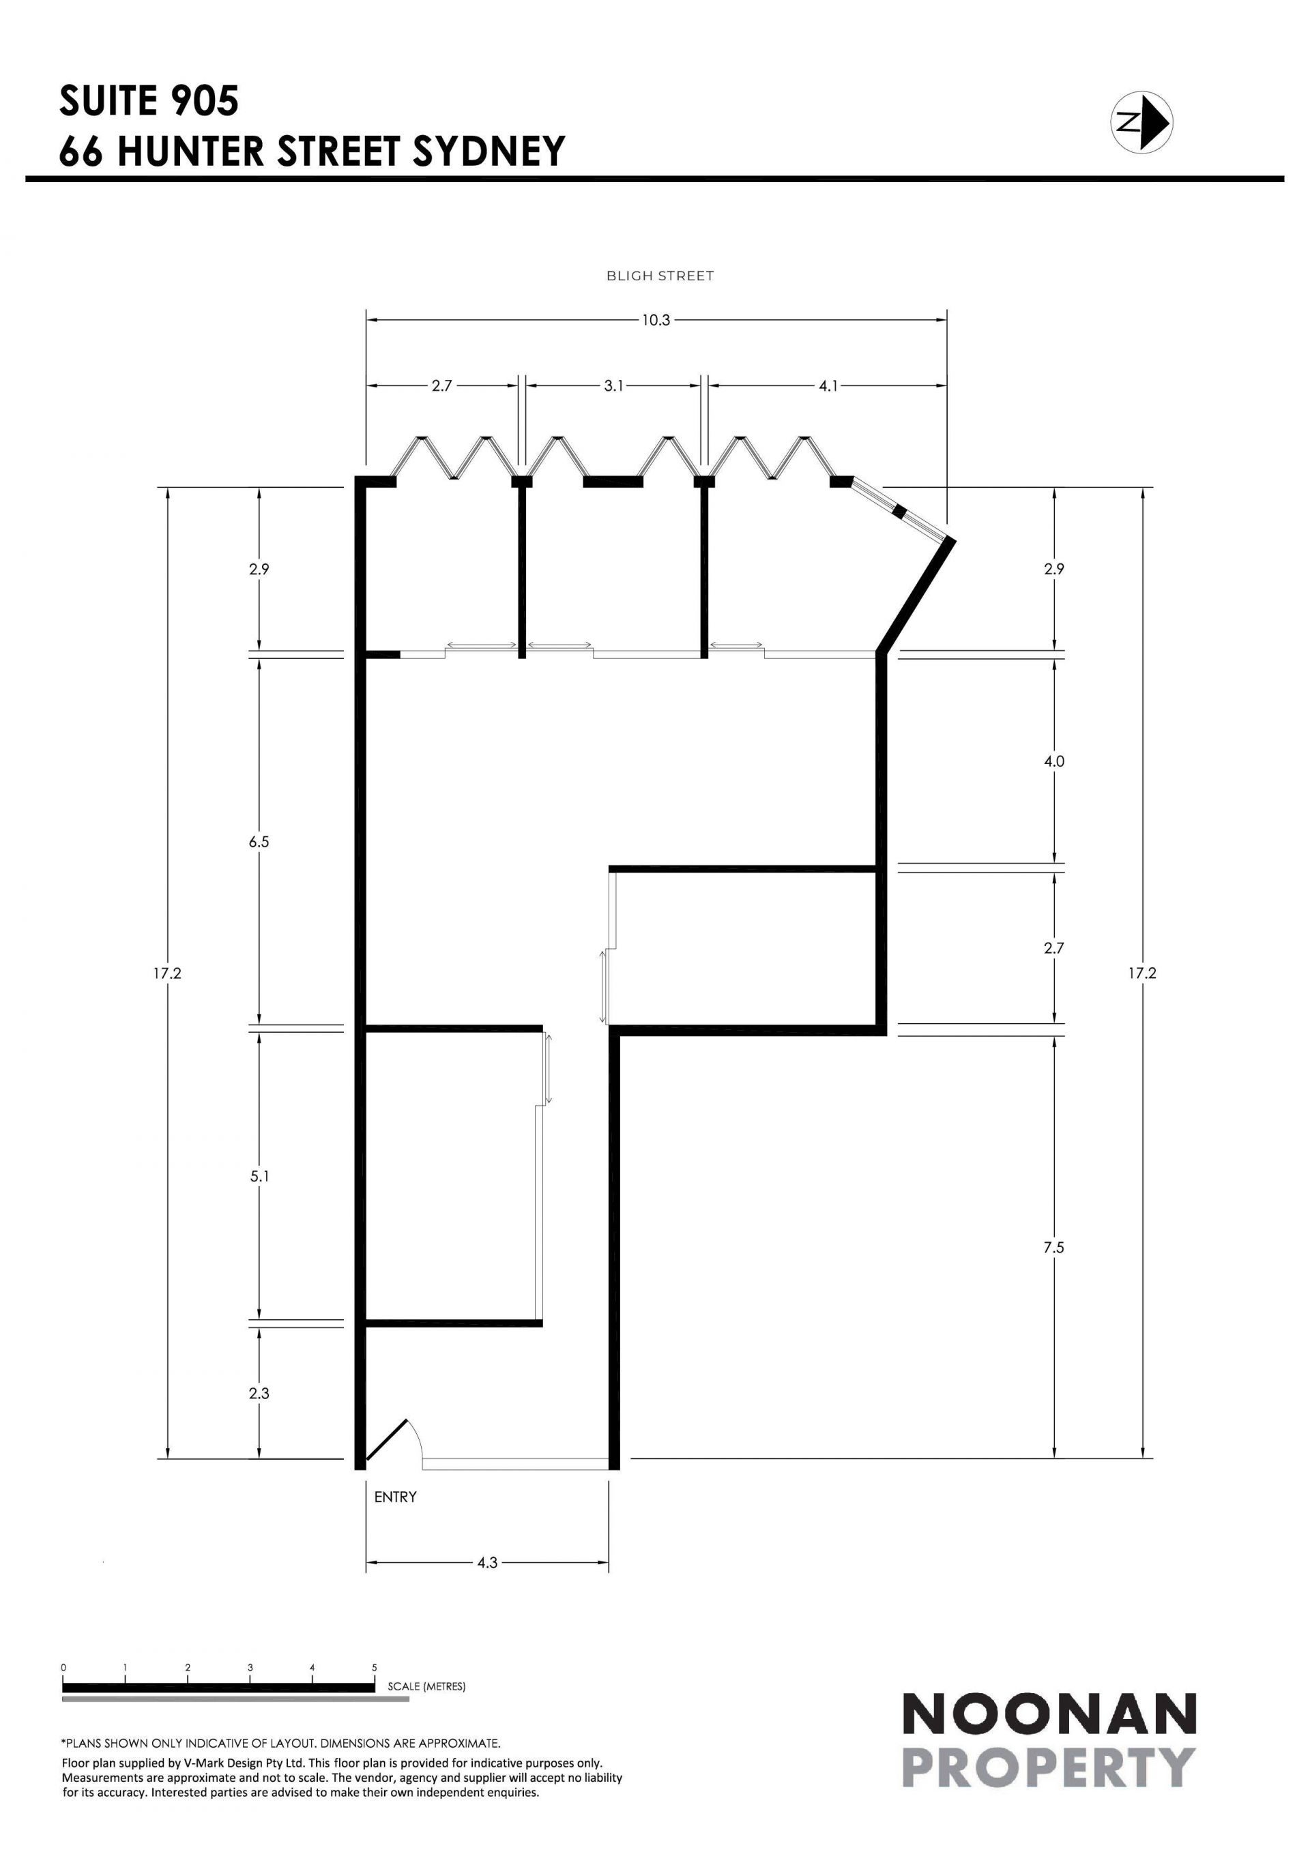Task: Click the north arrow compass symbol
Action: coord(1141,123)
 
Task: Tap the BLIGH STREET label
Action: coord(660,276)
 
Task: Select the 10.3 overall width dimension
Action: coord(656,320)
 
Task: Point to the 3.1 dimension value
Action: coord(614,386)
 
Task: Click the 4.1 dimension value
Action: coord(828,386)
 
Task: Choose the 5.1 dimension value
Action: coord(259,1177)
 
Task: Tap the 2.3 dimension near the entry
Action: coord(259,1393)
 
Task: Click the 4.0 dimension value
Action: coord(1054,761)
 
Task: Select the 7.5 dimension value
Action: coord(1053,1248)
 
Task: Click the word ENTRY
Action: coord(395,1497)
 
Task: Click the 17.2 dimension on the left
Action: coord(168,973)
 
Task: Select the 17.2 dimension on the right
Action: coord(1142,973)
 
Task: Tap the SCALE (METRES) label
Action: coord(426,1686)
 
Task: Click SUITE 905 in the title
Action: coord(149,101)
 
